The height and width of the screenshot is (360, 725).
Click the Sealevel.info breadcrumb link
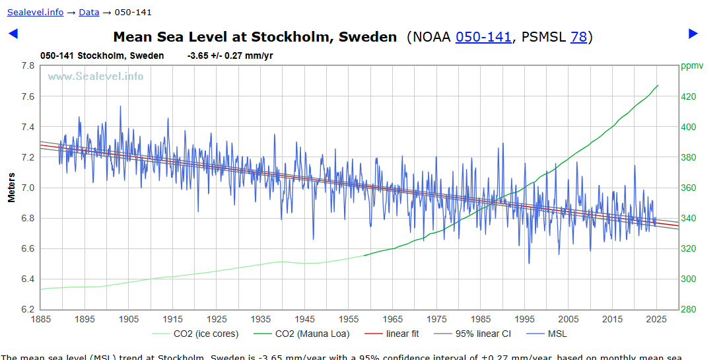pyautogui.click(x=35, y=12)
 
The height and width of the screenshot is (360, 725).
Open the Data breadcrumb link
pyautogui.click(x=88, y=12)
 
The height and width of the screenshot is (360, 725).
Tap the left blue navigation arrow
pyautogui.click(x=13, y=34)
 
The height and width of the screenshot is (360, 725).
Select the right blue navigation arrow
pyautogui.click(x=693, y=34)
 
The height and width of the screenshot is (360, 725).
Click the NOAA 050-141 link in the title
pyautogui.click(x=483, y=37)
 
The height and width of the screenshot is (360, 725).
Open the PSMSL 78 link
pyautogui.click(x=578, y=37)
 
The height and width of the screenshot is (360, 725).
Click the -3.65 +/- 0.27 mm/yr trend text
pyautogui.click(x=230, y=55)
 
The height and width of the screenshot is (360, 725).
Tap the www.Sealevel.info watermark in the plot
pyautogui.click(x=95, y=76)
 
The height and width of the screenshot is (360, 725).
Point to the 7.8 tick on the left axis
pyautogui.click(x=27, y=66)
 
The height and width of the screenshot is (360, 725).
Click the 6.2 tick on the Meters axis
pyautogui.click(x=27, y=309)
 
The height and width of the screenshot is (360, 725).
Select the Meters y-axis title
pyautogui.click(x=11, y=188)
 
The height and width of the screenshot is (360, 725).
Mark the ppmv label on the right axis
pyautogui.click(x=693, y=66)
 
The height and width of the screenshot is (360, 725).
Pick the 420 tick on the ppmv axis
pyautogui.click(x=689, y=96)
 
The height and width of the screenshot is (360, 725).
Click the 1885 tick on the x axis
pyautogui.click(x=41, y=319)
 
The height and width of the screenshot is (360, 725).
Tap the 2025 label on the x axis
pyautogui.click(x=656, y=319)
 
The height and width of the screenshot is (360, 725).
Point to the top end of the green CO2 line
pyautogui.click(x=658, y=85)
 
